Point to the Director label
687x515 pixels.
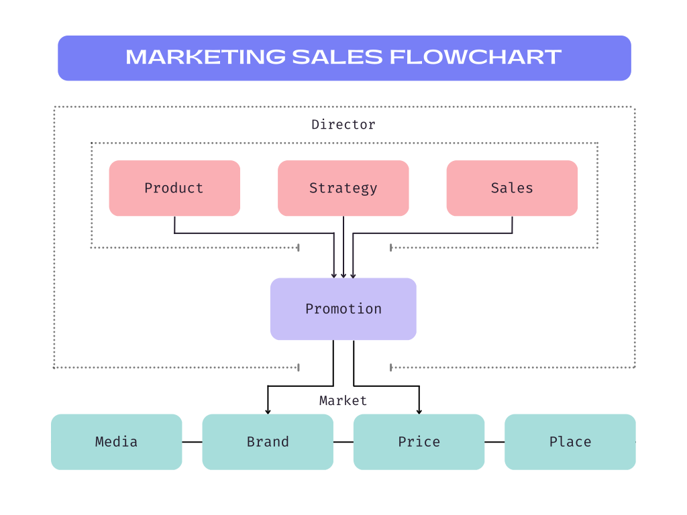[x=343, y=125]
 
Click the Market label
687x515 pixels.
[x=343, y=401]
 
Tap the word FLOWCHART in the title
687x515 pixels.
[x=476, y=58]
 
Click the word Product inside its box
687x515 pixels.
[x=174, y=188]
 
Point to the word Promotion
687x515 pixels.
[x=343, y=309]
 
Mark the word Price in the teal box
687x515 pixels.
[x=419, y=442]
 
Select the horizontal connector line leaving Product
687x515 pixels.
[x=255, y=233]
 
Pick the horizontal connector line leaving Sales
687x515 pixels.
[x=433, y=233]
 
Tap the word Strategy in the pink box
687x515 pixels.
[x=343, y=188]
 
